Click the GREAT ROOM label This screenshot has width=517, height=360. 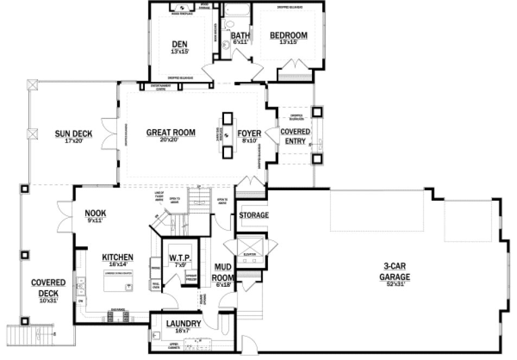(x=170, y=132)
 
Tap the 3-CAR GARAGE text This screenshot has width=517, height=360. (x=394, y=271)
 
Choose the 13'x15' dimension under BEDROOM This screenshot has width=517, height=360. (x=289, y=42)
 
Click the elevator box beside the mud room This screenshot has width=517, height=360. (x=250, y=250)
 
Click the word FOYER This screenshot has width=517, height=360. (x=250, y=133)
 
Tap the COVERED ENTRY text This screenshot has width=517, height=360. (x=295, y=137)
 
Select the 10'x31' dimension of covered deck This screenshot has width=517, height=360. (x=48, y=299)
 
